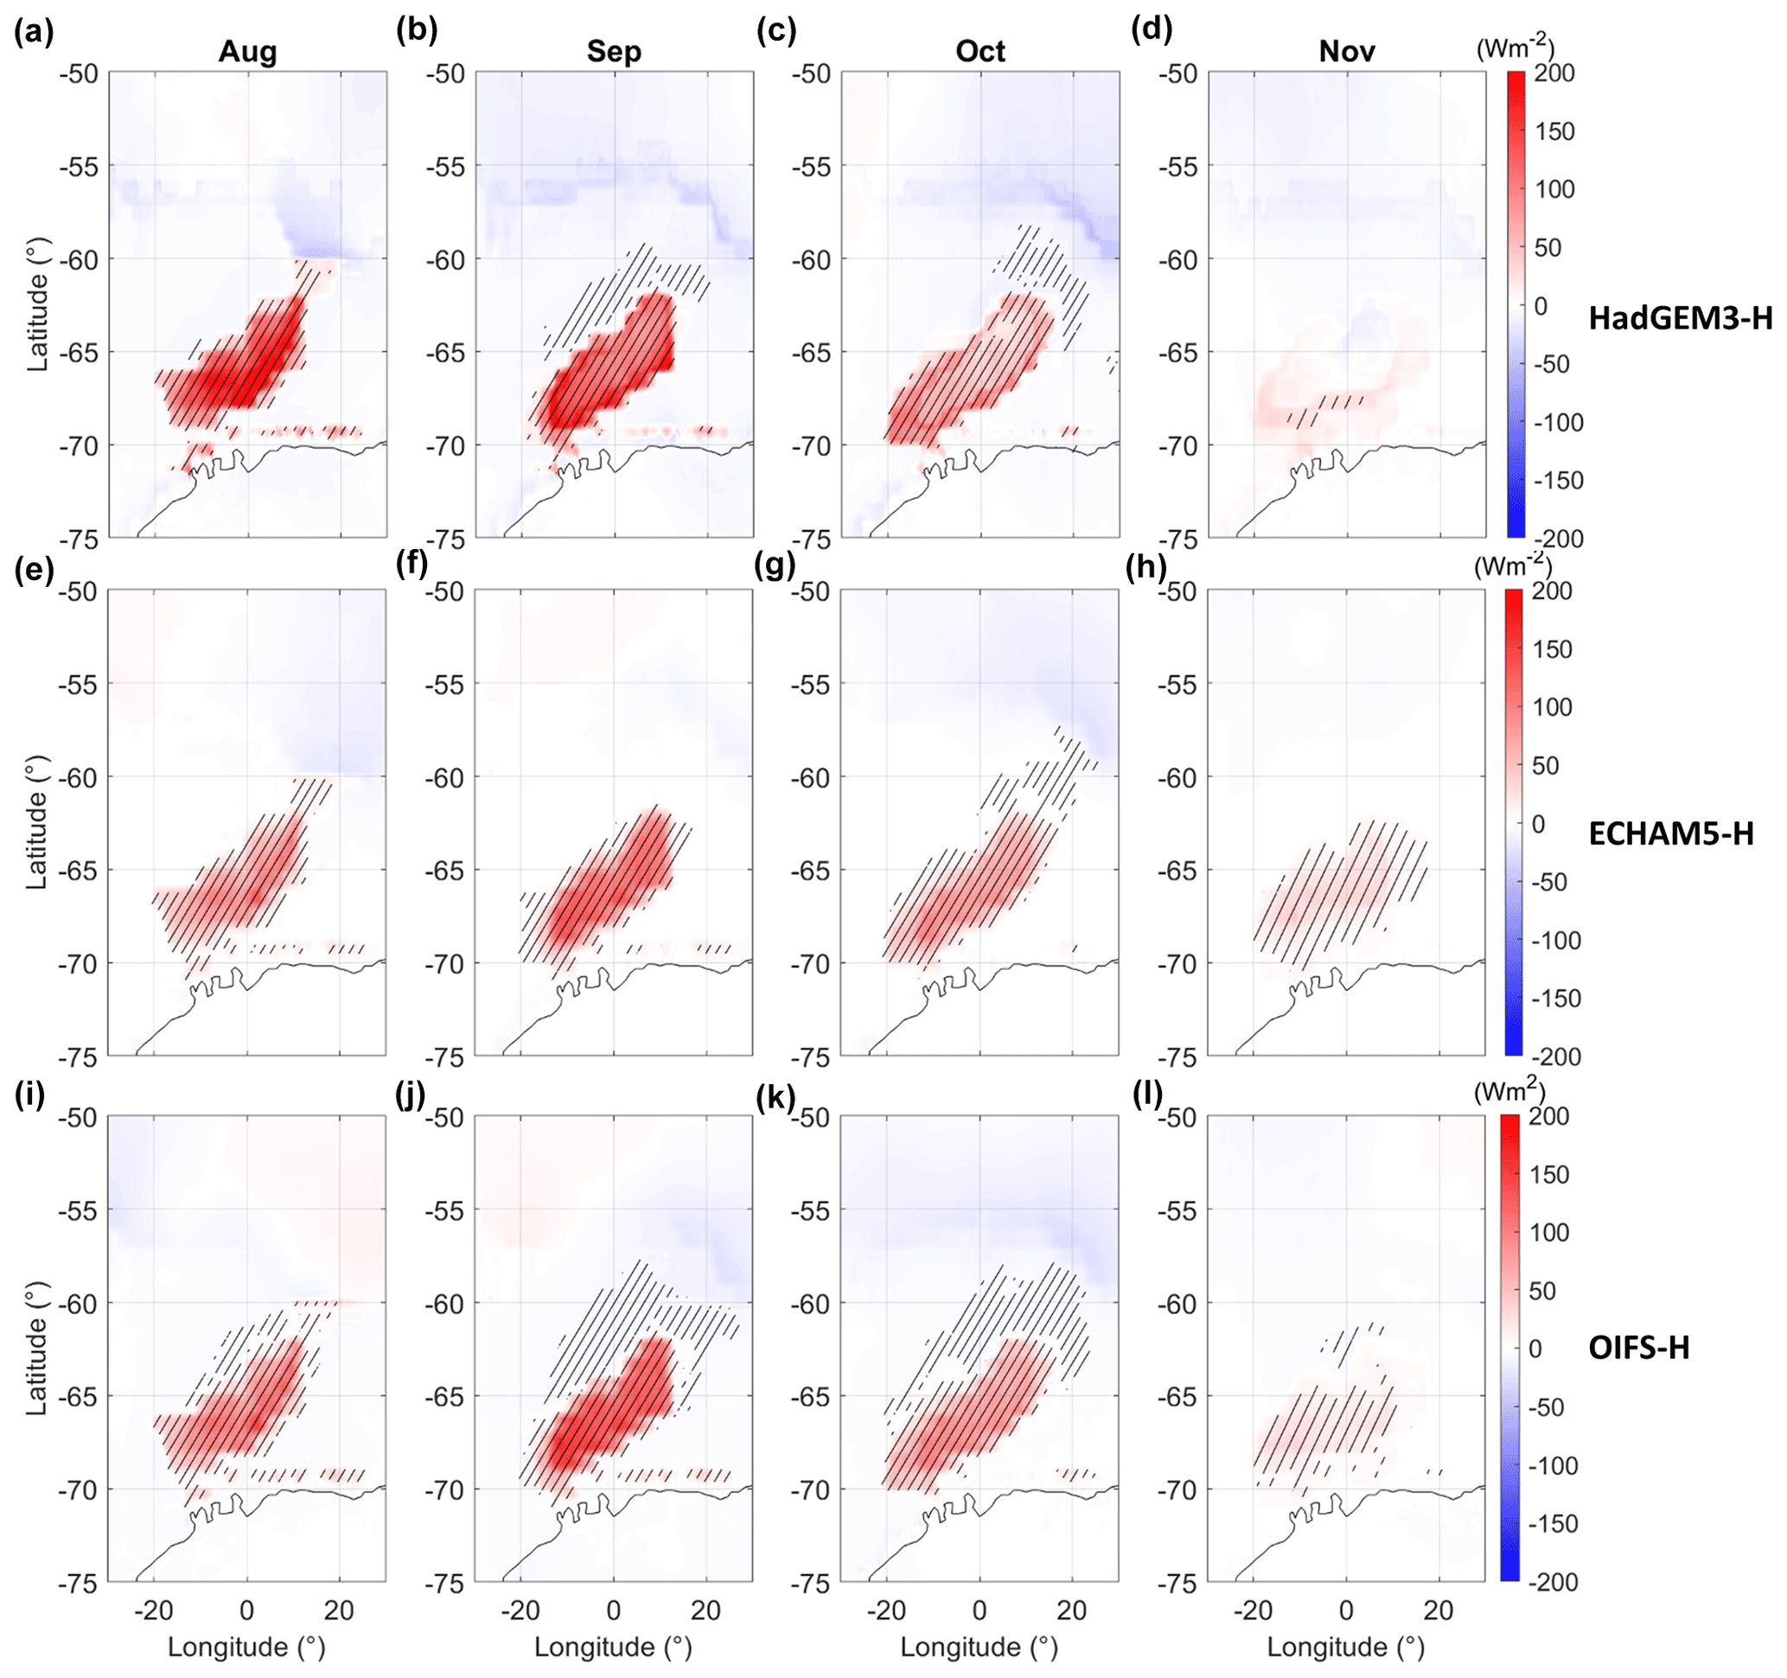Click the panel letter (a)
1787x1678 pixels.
[x=35, y=32]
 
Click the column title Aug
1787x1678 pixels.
[x=247, y=51]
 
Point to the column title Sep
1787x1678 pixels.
[x=614, y=51]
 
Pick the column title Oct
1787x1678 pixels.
[x=980, y=51]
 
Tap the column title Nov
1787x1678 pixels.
[x=1347, y=51]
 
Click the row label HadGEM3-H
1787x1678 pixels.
[x=1680, y=318]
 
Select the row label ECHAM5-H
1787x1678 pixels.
[x=1671, y=834]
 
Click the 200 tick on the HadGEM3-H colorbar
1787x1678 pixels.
[x=1554, y=73]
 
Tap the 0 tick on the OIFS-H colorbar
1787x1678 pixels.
[x=1535, y=1349]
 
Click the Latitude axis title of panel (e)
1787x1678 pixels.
[x=37, y=822]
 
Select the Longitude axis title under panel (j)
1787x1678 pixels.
[x=613, y=1647]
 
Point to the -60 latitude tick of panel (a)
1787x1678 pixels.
[x=78, y=259]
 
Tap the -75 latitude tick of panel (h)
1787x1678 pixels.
[x=1178, y=1058]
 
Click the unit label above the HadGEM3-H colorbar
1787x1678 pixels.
[x=1515, y=47]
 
